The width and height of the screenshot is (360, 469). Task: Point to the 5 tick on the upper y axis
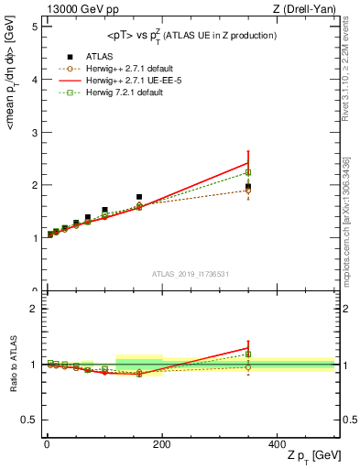click(x=35, y=26)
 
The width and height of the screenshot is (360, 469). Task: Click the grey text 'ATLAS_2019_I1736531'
click(x=190, y=273)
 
